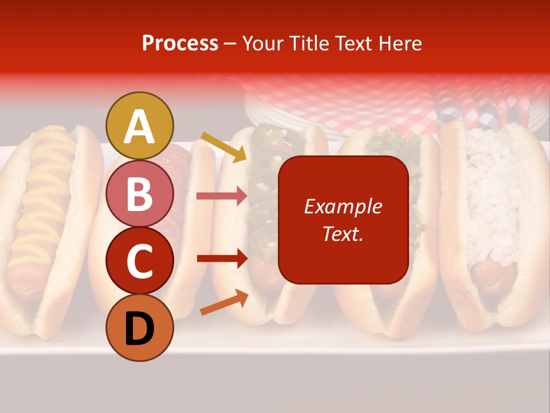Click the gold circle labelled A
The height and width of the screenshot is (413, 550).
(x=140, y=126)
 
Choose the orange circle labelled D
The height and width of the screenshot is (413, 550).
(x=140, y=328)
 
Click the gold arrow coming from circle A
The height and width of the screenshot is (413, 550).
(x=223, y=147)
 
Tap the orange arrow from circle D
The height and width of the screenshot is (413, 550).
(x=224, y=303)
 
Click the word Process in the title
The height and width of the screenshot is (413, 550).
(x=180, y=44)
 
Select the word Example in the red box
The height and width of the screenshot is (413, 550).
(x=343, y=206)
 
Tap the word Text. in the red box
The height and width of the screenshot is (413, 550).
(x=343, y=233)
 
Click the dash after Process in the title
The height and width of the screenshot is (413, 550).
(x=230, y=44)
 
